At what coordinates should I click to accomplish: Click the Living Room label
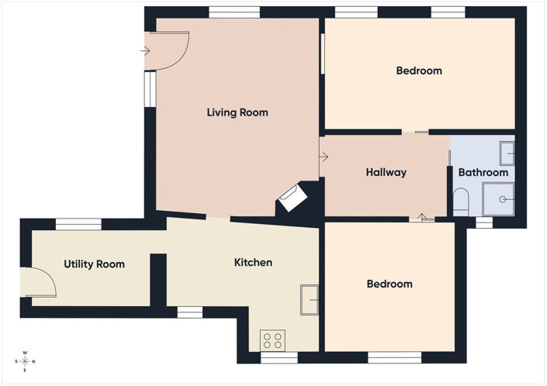237,112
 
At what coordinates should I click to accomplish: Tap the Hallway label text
386,172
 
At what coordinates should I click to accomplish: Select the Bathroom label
483,172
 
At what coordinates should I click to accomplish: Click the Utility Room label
94,264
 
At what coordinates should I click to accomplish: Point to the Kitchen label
253,262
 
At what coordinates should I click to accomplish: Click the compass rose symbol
25,362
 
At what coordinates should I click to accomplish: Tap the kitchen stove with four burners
273,340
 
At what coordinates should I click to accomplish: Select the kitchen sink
310,300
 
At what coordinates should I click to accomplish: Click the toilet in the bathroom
460,202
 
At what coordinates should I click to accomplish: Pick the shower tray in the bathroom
498,199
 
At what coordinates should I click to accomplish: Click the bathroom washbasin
507,153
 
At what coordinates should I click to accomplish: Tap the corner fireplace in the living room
293,198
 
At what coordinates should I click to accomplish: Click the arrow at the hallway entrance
324,157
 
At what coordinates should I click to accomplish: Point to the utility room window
78,224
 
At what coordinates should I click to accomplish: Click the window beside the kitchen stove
279,358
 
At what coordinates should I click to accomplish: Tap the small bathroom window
484,222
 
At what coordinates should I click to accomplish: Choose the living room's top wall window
234,12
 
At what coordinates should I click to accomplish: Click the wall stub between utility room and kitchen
158,281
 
